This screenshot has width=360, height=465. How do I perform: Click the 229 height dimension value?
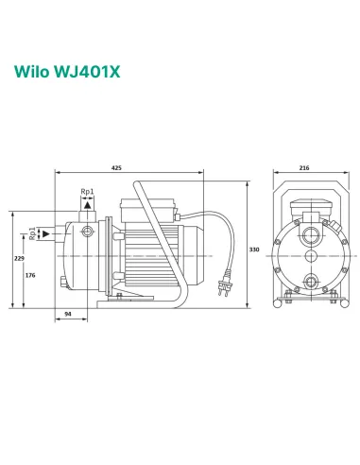click(18, 258)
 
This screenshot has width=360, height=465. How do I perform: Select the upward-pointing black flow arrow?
click(87, 203)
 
